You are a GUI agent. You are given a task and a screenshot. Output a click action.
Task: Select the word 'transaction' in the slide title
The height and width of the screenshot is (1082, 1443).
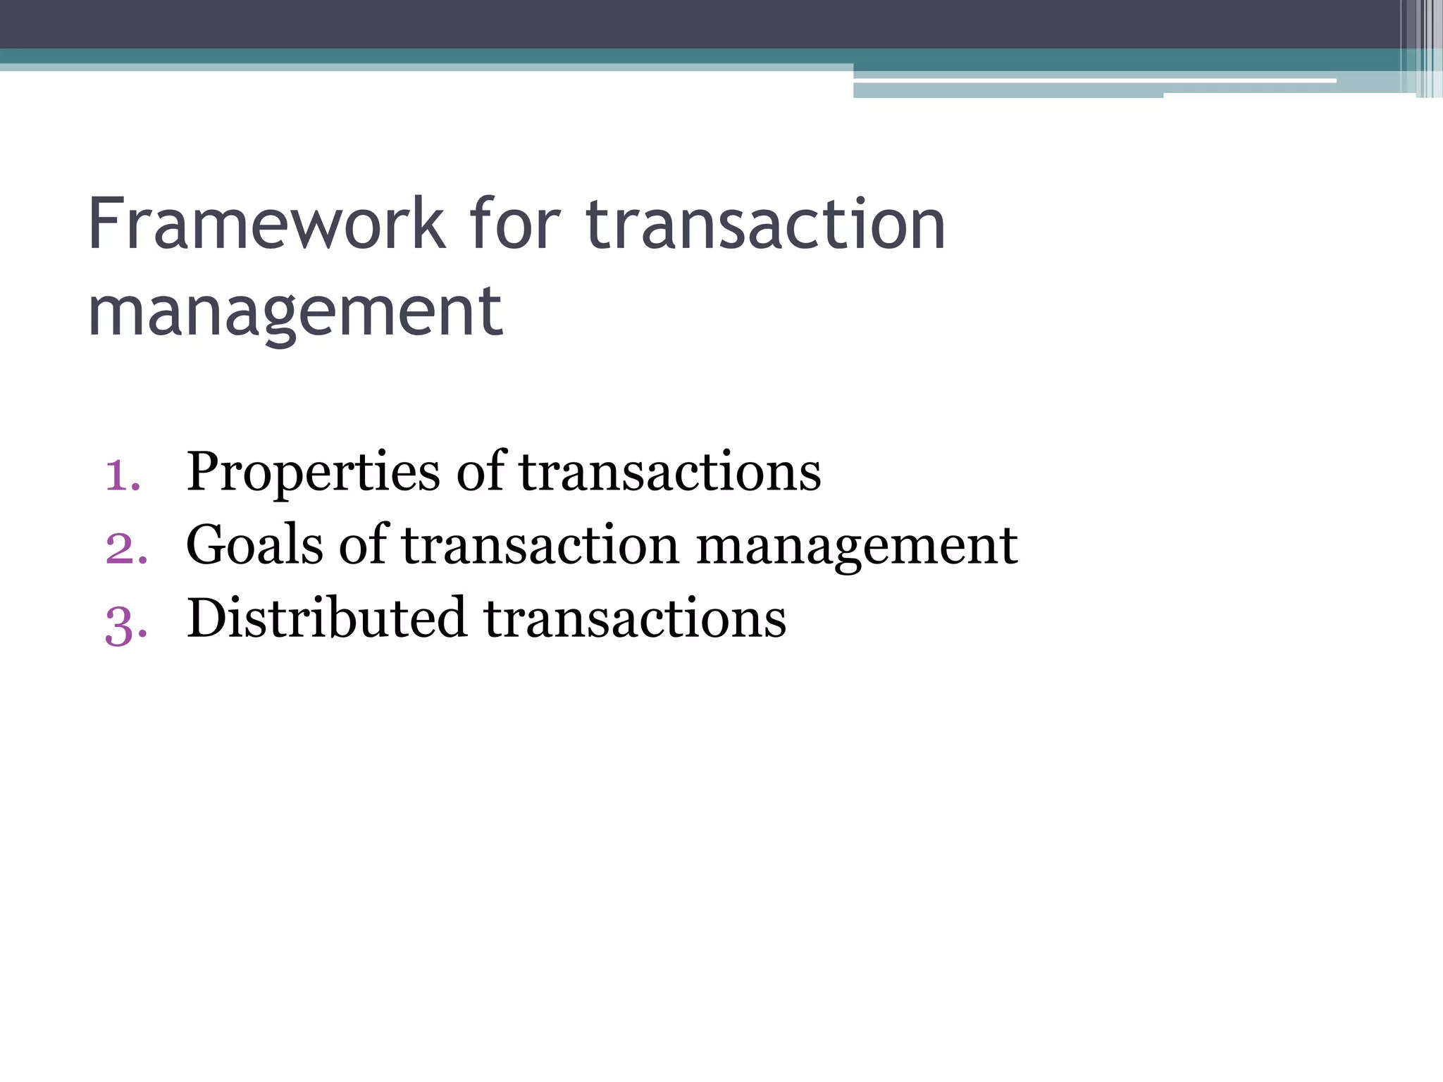click(x=765, y=225)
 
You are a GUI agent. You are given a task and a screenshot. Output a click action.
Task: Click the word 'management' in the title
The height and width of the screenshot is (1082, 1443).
click(x=295, y=312)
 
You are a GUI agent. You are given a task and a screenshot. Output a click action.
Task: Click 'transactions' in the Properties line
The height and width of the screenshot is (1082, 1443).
click(x=669, y=472)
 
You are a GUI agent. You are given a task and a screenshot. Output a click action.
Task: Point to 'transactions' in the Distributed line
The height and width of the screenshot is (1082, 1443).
click(x=635, y=619)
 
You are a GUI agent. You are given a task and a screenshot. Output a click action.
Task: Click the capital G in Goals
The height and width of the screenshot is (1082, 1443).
click(x=209, y=545)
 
